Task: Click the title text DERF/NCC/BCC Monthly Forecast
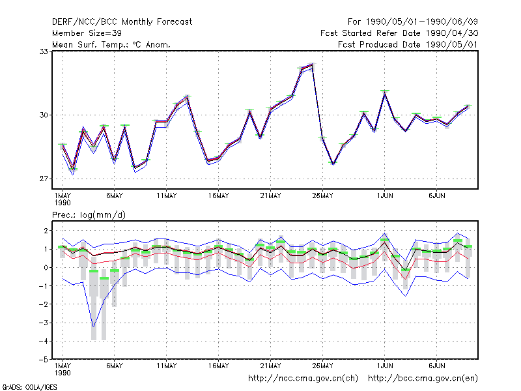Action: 122,22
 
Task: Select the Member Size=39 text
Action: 87,33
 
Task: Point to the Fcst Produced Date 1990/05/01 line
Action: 408,44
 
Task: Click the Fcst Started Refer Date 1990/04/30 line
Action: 399,33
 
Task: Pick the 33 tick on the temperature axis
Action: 44,51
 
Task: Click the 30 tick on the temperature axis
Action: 44,115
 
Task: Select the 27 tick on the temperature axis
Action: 44,179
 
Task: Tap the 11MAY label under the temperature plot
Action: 167,196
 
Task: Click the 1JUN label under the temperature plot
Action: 385,196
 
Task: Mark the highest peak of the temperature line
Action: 312,65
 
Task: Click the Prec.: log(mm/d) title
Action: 89,215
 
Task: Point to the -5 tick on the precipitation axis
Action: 44,360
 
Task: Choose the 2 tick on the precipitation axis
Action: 46,231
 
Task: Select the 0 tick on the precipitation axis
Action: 46,268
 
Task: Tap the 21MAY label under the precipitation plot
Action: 270,366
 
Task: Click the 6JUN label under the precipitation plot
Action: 436,366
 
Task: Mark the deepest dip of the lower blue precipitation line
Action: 94,327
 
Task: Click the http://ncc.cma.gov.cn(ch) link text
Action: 303,379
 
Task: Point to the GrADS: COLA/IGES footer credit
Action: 29,387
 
